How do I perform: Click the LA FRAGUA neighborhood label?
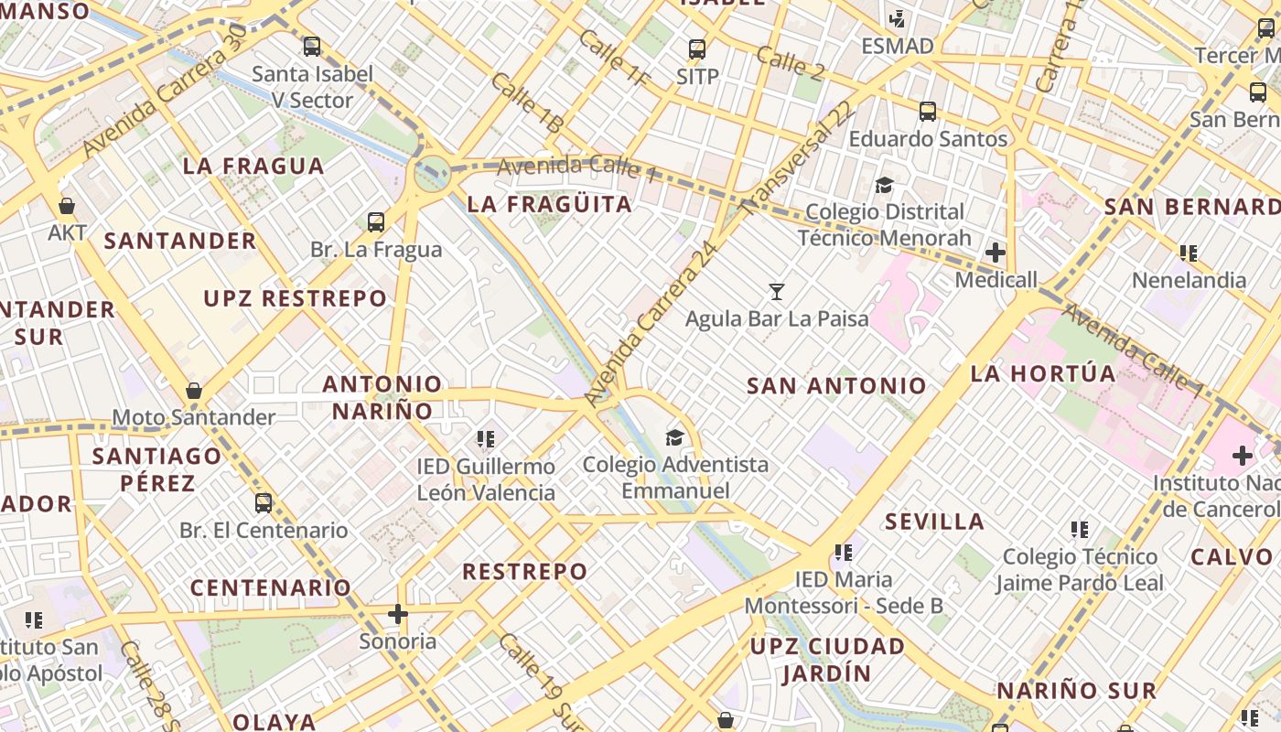pyautogui.click(x=253, y=166)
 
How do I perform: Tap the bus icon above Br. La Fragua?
pyautogui.click(x=376, y=221)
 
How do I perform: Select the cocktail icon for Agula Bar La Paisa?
pyautogui.click(x=777, y=292)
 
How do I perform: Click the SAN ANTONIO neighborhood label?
pyautogui.click(x=836, y=385)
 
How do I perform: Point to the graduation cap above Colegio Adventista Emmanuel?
pyautogui.click(x=675, y=437)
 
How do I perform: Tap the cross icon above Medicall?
pyautogui.click(x=996, y=252)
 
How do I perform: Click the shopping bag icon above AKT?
pyautogui.click(x=67, y=206)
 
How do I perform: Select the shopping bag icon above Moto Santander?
pyautogui.click(x=194, y=391)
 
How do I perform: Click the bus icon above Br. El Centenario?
pyautogui.click(x=264, y=502)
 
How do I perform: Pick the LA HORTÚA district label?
pyautogui.click(x=1043, y=373)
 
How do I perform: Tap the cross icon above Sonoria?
pyautogui.click(x=397, y=613)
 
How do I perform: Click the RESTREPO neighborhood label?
pyautogui.click(x=524, y=572)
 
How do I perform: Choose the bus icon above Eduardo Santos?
pyautogui.click(x=928, y=112)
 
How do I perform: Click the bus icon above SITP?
pyautogui.click(x=697, y=49)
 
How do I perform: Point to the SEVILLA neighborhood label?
pyautogui.click(x=934, y=522)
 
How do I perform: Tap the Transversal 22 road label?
pyautogui.click(x=798, y=158)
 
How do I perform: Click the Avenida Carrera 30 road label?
pyautogui.click(x=165, y=90)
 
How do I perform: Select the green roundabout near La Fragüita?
pyautogui.click(x=430, y=173)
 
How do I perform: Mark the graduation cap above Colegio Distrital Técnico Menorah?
pyautogui.click(x=884, y=185)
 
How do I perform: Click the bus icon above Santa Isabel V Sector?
pyautogui.click(x=312, y=46)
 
